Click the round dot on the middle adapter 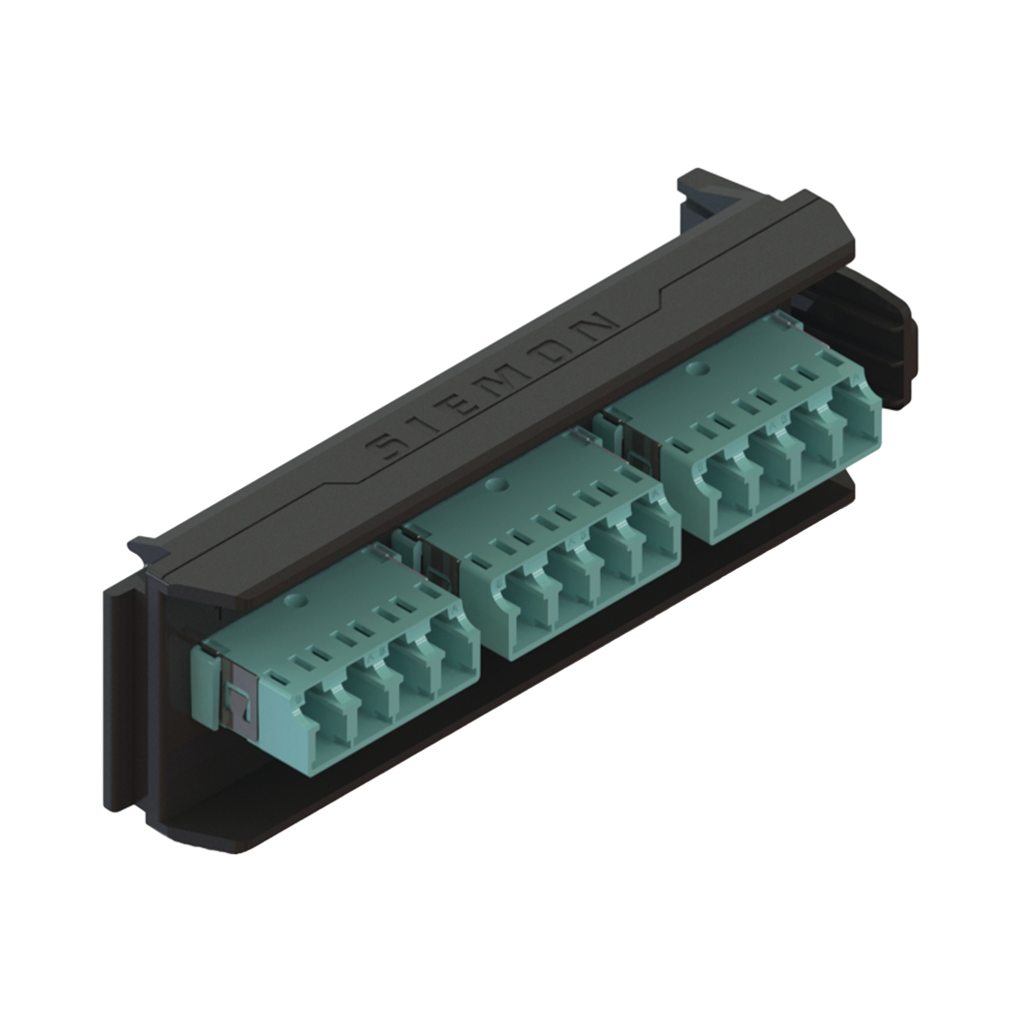tap(501, 488)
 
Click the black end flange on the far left tap(125, 679)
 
